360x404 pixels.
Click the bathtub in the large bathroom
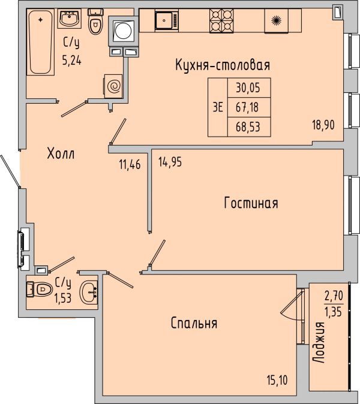(x=40, y=42)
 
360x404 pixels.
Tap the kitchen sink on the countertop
(x=167, y=20)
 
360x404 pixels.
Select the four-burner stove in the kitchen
(x=221, y=21)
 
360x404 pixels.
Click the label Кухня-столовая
(x=223, y=65)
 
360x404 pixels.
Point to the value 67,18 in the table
(x=247, y=107)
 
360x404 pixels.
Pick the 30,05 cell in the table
(x=248, y=88)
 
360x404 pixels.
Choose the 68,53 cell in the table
(x=248, y=127)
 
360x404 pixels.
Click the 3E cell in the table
(x=218, y=107)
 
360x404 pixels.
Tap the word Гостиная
(x=251, y=203)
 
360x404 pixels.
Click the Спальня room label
(x=194, y=323)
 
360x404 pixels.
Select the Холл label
(x=61, y=153)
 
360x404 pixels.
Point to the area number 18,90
(x=323, y=125)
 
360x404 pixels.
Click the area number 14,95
(x=170, y=162)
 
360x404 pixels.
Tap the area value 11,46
(x=130, y=164)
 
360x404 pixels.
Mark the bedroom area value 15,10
(x=277, y=380)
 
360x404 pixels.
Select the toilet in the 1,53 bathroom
(x=40, y=290)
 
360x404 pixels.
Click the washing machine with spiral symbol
(x=113, y=86)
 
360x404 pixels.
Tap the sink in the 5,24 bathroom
(x=69, y=18)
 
